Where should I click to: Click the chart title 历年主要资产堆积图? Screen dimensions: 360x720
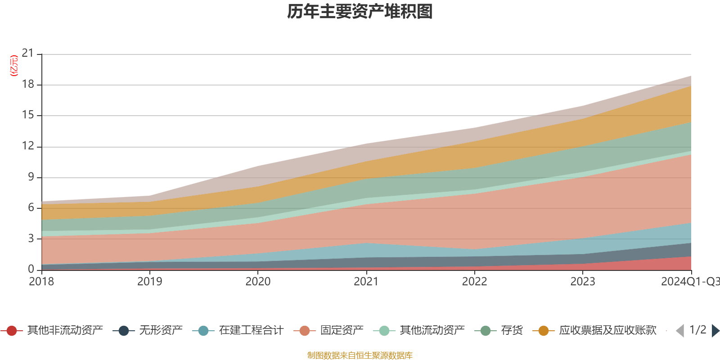point(360,12)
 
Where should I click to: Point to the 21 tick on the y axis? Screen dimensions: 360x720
point(28,54)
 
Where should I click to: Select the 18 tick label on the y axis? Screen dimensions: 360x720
point(28,85)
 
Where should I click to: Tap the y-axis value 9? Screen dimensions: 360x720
point(31,177)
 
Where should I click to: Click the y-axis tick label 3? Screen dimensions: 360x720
point(31,238)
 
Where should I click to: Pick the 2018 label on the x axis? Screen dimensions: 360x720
point(41,282)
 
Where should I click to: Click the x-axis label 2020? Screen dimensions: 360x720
point(258,282)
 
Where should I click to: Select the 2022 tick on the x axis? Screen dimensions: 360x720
point(474,282)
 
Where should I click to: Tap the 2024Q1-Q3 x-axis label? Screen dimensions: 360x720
point(690,282)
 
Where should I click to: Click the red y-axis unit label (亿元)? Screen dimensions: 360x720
point(14,66)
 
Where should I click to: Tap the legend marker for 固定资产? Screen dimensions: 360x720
point(305,331)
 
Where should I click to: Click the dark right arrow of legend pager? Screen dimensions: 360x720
point(715,331)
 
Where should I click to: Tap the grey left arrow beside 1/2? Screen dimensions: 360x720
point(680,331)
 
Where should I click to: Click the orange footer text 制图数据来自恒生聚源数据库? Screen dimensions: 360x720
point(360,355)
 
